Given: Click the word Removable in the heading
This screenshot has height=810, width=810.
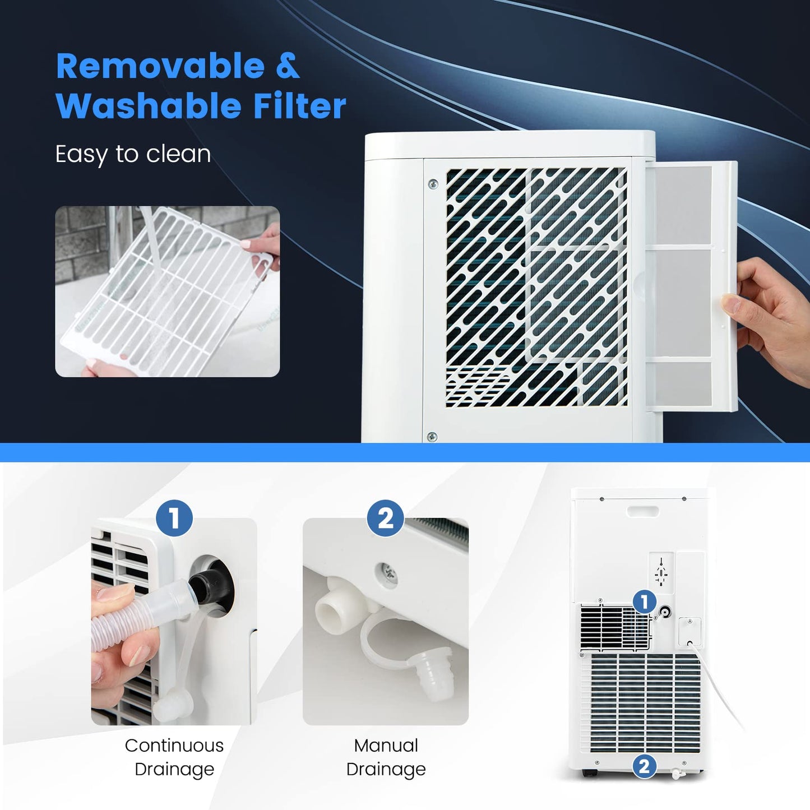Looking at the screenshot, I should click(x=160, y=66).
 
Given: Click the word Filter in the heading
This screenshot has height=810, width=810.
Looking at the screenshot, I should click(x=299, y=106).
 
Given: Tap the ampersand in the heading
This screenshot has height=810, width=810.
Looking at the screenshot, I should click(x=288, y=66).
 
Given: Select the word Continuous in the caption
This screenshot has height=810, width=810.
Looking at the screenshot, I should click(x=174, y=746).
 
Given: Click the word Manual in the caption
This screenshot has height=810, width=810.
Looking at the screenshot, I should click(x=386, y=746).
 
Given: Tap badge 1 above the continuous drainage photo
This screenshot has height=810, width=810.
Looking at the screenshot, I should click(x=174, y=518).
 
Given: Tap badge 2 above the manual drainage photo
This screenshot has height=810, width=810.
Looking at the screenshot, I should click(x=386, y=518).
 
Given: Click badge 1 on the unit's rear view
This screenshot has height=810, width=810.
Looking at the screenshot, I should click(x=645, y=602).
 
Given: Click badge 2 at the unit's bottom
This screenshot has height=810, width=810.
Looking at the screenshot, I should click(x=644, y=766).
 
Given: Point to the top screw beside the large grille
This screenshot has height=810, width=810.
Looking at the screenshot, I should click(x=433, y=184).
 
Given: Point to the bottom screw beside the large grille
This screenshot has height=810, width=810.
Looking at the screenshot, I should click(x=432, y=437).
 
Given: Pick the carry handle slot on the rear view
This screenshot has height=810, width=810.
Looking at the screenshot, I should click(x=643, y=511).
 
